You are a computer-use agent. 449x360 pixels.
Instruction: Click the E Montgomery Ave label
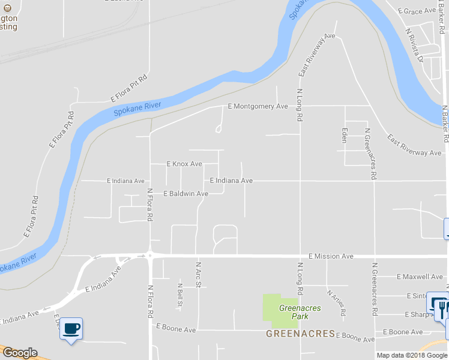258,106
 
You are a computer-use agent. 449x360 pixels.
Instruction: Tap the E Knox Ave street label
184,164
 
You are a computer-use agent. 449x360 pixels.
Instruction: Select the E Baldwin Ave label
185,194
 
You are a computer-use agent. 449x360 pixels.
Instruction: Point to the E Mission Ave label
331,256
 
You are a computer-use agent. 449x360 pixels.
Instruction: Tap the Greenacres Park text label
300,311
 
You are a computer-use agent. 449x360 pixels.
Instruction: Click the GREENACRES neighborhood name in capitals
301,333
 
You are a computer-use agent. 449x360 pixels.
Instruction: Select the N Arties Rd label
336,303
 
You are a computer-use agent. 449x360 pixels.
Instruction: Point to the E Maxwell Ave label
420,277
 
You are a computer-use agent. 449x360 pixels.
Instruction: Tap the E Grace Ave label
419,11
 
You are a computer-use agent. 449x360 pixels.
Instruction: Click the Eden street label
345,135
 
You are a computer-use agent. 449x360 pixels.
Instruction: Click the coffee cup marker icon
71,328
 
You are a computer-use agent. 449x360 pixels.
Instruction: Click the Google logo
20,353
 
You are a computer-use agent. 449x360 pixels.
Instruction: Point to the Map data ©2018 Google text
412,355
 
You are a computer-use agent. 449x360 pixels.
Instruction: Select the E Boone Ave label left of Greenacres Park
176,329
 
